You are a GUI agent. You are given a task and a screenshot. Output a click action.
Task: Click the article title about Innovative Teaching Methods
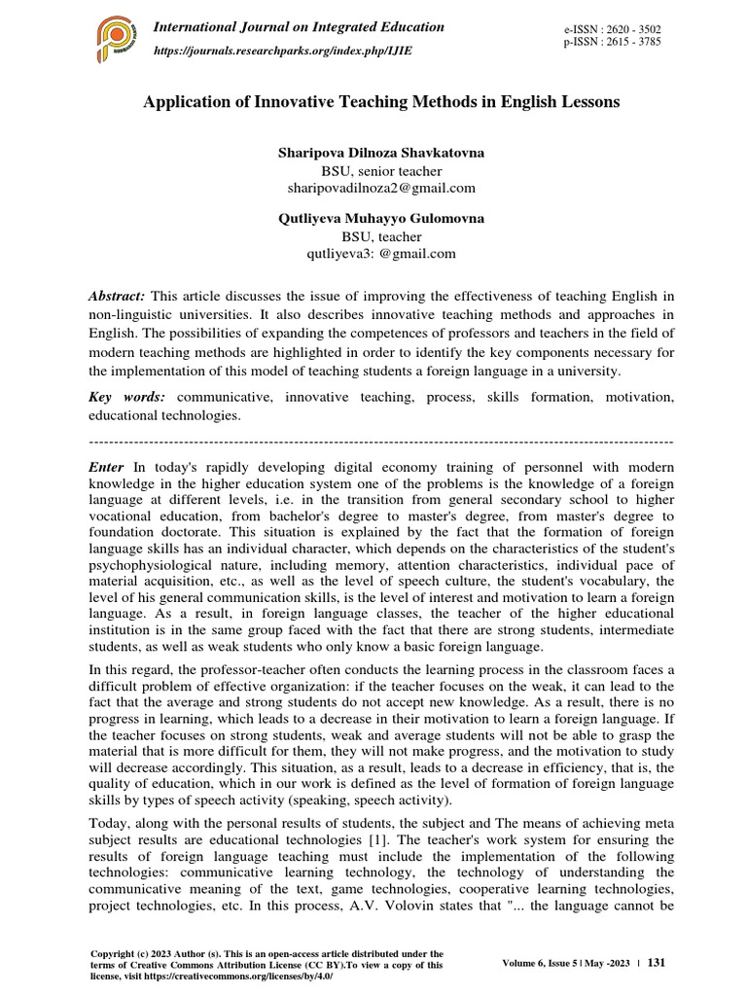[381, 102]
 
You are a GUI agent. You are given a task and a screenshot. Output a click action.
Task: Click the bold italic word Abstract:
[117, 296]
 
